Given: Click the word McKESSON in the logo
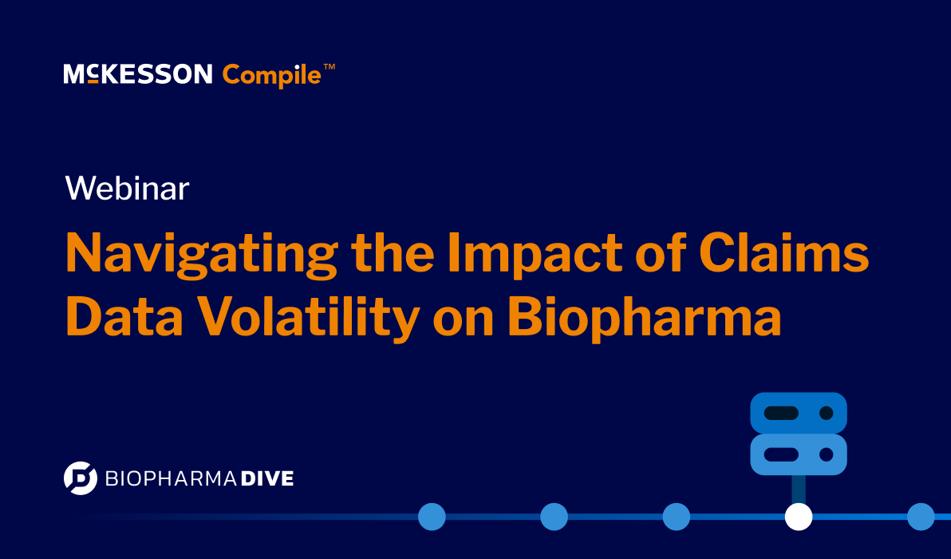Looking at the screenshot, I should coord(137,75).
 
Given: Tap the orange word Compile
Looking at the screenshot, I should coord(271,76).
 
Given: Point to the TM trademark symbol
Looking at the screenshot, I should coord(329,69).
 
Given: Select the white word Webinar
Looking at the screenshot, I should coord(127,188).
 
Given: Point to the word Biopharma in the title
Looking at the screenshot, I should coord(644,317).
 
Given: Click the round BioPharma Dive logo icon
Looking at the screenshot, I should coord(80,478).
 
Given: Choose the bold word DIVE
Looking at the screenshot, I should coord(267,478).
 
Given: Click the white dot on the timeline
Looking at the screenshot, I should coord(798,517).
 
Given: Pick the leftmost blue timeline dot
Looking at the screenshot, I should coord(432,517).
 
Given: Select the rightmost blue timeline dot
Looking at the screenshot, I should coord(921,517).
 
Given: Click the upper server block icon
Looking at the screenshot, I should coord(798,413).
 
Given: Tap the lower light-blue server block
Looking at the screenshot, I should coord(798,454).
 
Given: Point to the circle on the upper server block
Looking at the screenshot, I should coord(827,413).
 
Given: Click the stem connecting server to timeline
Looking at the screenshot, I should coord(798,489).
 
